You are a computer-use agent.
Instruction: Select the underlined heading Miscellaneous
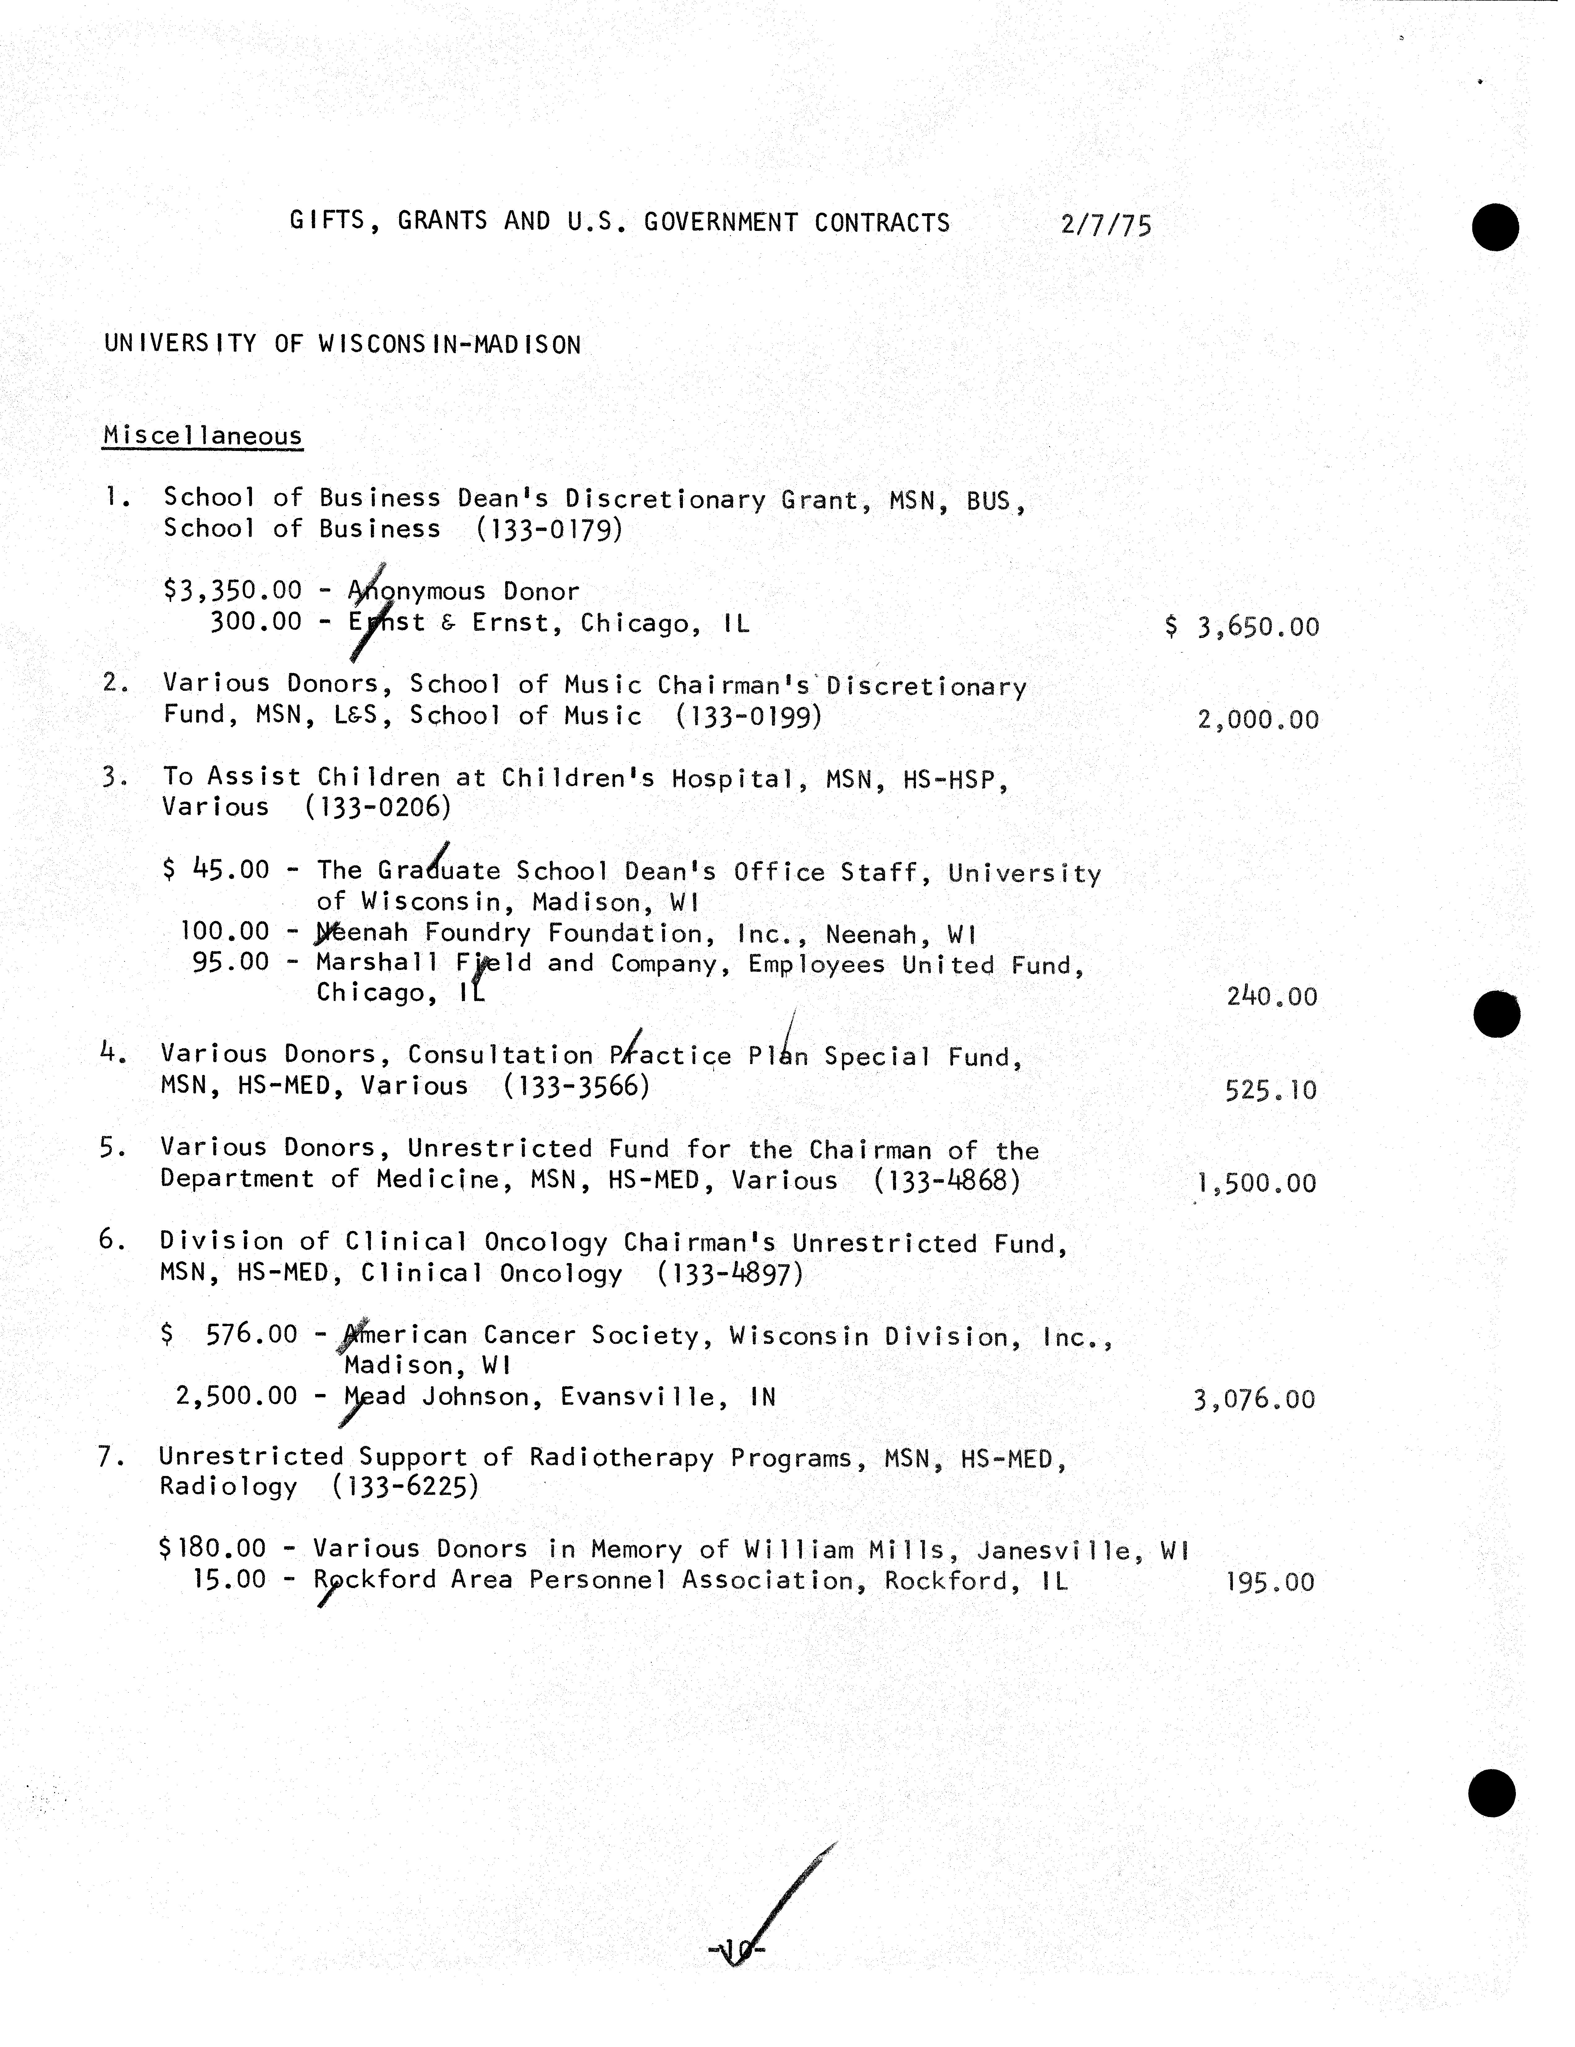tap(202, 436)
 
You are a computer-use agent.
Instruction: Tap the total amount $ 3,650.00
tap(1242, 626)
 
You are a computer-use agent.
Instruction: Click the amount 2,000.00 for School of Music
tap(1258, 720)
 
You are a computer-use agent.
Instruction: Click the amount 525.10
tap(1270, 1090)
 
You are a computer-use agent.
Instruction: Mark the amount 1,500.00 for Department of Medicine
tap(1256, 1183)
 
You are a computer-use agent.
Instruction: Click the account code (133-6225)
tap(405, 1487)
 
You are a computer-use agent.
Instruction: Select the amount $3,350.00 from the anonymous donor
tap(232, 591)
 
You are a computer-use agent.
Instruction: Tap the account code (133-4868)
tap(947, 1180)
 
